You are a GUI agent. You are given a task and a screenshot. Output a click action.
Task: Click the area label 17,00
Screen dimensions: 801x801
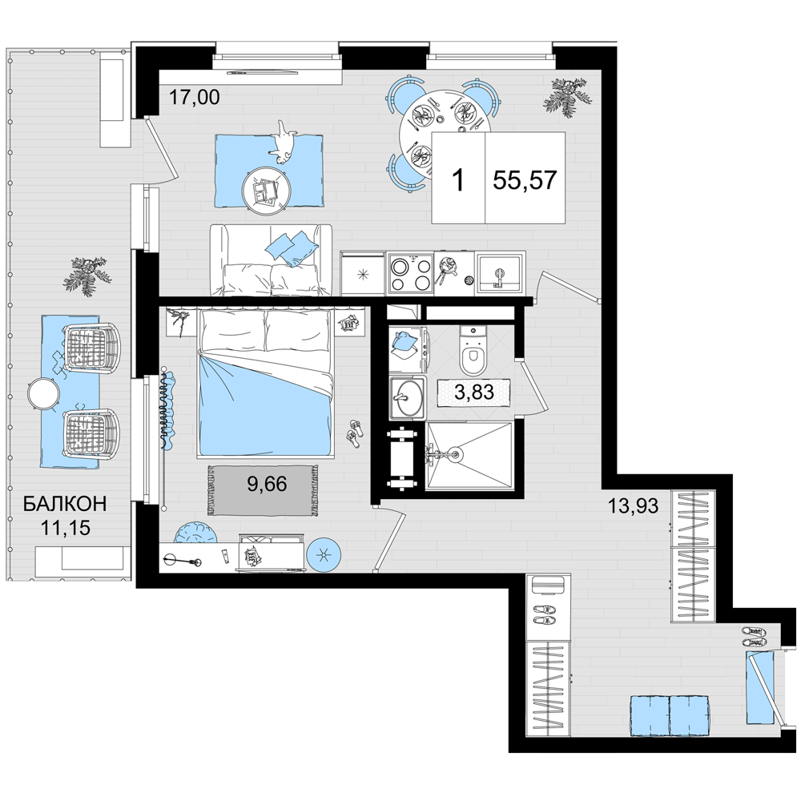pos(194,97)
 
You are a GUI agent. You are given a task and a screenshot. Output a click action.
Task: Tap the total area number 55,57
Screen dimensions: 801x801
pos(525,179)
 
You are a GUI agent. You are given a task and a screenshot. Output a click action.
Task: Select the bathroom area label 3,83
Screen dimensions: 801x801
pos(474,392)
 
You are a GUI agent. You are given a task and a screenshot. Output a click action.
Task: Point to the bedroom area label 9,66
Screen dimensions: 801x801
pos(268,484)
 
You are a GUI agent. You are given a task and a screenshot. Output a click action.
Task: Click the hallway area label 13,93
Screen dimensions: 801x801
pos(633,505)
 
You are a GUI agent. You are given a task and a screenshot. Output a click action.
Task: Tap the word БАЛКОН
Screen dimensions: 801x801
pos(66,504)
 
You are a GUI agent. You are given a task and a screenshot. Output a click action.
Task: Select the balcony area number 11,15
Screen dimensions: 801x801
pos(66,527)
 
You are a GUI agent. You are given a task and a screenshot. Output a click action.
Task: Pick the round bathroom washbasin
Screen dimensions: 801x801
pos(407,398)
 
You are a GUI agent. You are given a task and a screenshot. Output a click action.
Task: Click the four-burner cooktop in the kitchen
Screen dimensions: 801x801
pos(410,274)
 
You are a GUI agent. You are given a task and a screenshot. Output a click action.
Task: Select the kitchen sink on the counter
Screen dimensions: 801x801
pos(498,274)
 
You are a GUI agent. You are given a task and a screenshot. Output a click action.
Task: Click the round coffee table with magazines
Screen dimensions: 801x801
pos(266,189)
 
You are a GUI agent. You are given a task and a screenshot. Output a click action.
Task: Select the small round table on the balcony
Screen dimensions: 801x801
pos(44,393)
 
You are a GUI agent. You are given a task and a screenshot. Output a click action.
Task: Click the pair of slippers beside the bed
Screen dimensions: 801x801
pos(354,433)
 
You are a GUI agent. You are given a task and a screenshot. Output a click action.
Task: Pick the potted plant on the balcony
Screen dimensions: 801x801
pos(87,276)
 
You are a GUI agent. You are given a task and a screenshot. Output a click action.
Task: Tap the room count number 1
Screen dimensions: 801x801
pos(459,180)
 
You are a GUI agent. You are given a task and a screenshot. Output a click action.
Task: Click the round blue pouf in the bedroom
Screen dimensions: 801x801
pos(323,554)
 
